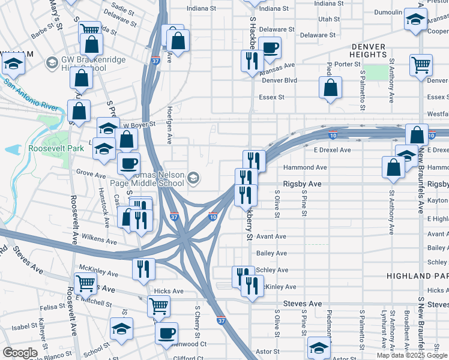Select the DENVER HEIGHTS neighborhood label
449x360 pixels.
coord(369,50)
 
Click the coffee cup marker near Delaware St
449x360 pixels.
coord(270,47)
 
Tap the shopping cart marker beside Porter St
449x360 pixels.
coord(421,64)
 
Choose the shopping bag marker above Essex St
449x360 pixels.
coord(330,88)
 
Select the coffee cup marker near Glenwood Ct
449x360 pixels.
coord(166,332)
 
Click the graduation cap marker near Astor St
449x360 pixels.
coord(319,347)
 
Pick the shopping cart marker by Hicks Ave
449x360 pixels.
coord(159,306)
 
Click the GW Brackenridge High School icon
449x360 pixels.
coord(52,62)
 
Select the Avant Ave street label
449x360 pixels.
coord(271,236)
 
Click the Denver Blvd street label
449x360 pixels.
coord(279,80)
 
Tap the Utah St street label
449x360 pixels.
coord(329,19)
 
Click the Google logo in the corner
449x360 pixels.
coord(20,353)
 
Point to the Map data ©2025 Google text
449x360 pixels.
coord(412,355)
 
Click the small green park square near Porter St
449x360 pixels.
coord(376,73)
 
